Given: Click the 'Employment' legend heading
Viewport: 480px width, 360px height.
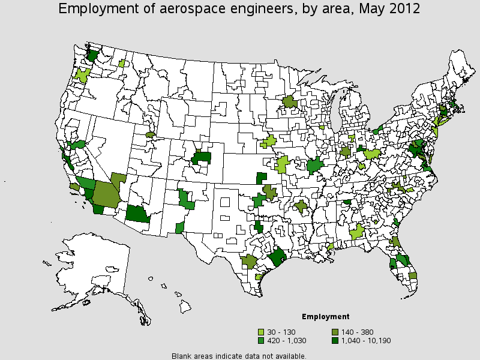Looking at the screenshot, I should pos(325,316).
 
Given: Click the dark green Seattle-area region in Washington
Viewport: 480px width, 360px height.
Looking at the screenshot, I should pos(92,55).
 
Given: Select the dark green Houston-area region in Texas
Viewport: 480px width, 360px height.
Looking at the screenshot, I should pos(278,259).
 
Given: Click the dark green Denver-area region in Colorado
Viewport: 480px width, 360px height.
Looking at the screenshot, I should pos(202,158).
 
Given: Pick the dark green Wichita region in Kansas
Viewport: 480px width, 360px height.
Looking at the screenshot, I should pos(261,178).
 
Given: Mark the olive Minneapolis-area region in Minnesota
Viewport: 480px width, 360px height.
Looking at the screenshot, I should pos(290,101).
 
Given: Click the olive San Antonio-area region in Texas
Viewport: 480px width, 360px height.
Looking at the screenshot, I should pos(248,262).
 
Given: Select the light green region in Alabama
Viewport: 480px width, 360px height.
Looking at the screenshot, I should pos(358,232).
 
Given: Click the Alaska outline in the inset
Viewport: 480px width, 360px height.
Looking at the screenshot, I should pos(90,264).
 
